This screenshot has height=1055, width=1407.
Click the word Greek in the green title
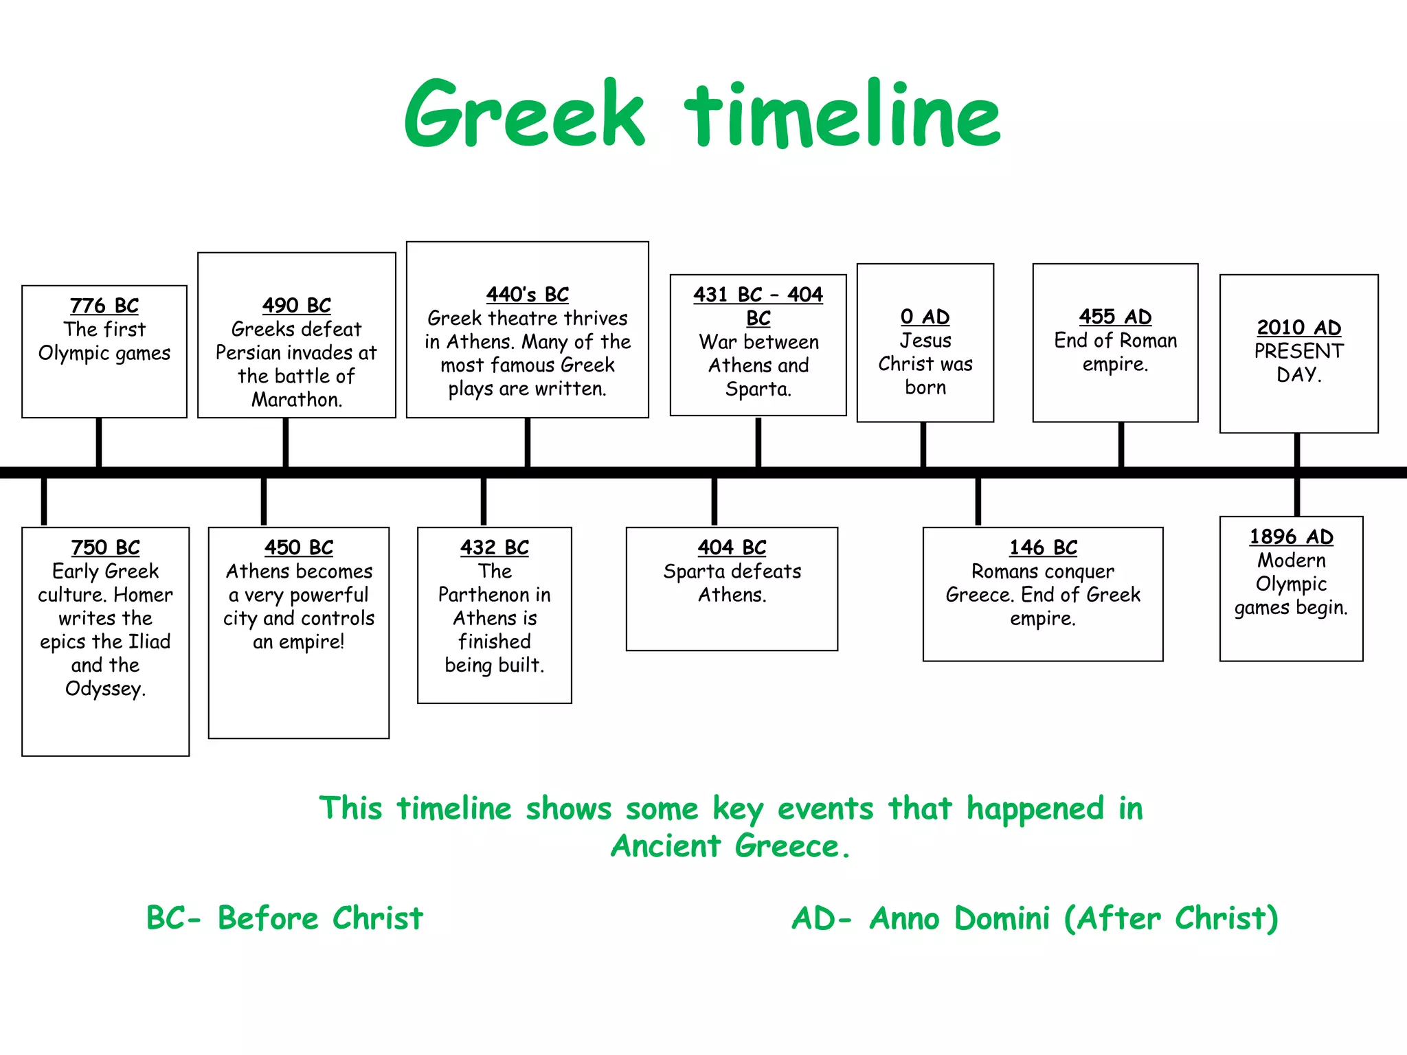coord(525,115)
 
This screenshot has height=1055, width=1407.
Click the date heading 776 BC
coord(104,306)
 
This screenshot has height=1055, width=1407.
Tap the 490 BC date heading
coord(297,306)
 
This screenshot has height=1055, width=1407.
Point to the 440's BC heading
coord(528,295)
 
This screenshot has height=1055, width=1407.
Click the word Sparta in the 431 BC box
coord(758,389)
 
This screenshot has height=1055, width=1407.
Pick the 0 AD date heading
coord(925,317)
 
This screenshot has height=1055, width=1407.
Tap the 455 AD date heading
coord(1115,317)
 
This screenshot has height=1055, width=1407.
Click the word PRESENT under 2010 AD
coord(1298,352)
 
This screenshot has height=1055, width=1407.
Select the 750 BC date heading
coord(106,548)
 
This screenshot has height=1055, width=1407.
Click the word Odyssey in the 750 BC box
coord(105,689)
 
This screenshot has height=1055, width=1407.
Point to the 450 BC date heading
coord(299,548)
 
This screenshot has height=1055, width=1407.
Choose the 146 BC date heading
coord(1043,548)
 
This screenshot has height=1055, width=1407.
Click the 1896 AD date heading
coord(1291,537)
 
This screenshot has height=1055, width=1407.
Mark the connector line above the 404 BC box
coord(714,501)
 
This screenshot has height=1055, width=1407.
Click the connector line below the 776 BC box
coord(99,442)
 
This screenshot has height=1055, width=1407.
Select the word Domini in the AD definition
coord(1002,919)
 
